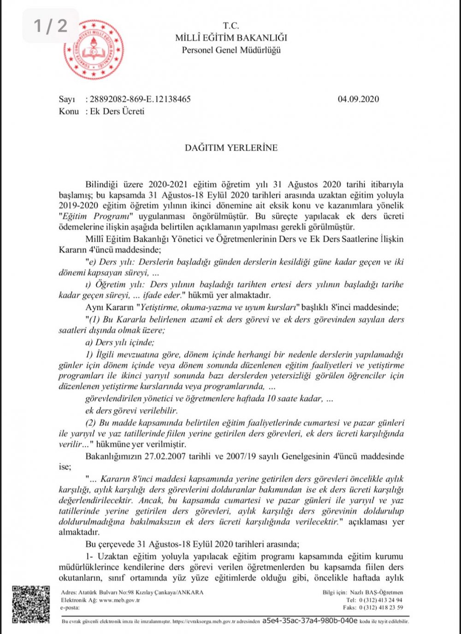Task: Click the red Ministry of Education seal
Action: click(94, 50)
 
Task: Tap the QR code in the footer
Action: click(30, 604)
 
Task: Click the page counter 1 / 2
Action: click(51, 26)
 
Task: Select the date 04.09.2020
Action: click(358, 99)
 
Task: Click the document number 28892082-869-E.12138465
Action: click(140, 99)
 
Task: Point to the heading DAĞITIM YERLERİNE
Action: click(231, 148)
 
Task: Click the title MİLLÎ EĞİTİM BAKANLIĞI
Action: click(231, 38)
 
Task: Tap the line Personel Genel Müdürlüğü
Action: click(231, 50)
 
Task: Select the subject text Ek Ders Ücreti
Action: click(117, 111)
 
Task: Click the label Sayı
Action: click(66, 99)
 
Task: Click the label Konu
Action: click(69, 111)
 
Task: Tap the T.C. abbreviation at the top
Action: click(231, 26)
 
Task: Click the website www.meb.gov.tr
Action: click(119, 600)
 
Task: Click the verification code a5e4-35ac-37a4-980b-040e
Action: click(309, 621)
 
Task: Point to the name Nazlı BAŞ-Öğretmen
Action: click(376, 593)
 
